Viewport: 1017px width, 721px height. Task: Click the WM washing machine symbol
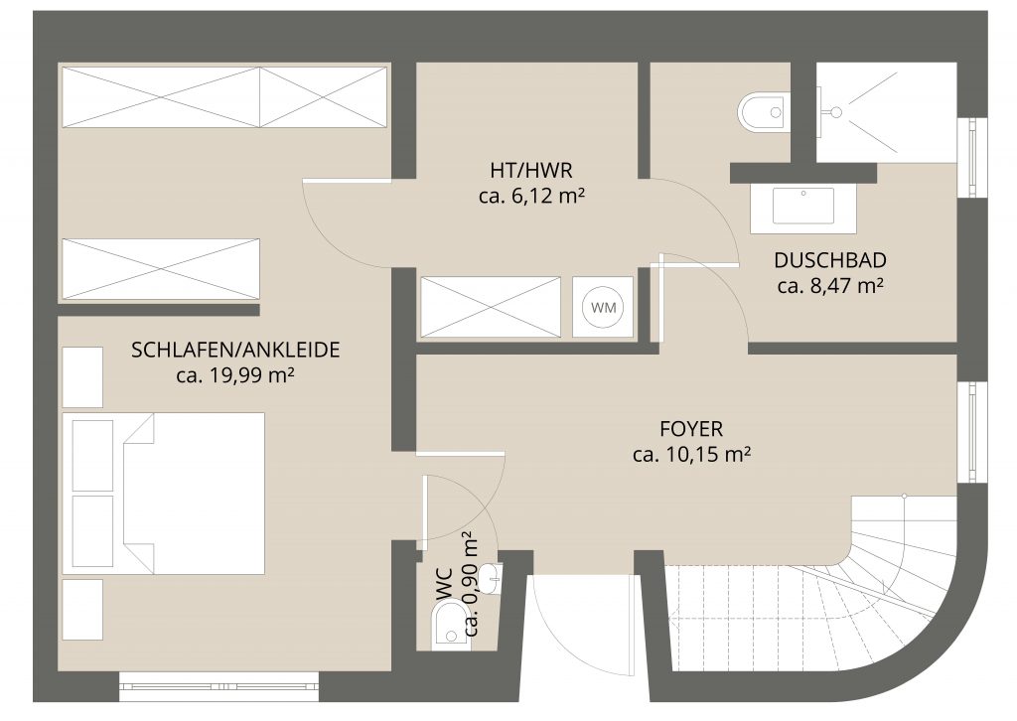tap(603, 307)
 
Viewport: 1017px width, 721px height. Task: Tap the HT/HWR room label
tap(532, 171)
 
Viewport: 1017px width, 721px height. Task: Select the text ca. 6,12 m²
tap(532, 196)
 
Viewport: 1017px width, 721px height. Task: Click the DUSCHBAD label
tap(830, 260)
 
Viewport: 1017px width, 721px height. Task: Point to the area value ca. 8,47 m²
tap(830, 285)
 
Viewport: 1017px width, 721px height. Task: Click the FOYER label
tap(691, 429)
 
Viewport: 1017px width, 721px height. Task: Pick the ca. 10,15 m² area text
tap(691, 455)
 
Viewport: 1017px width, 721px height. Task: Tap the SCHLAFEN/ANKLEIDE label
tap(235, 351)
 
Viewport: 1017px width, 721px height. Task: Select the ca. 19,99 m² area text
tap(235, 375)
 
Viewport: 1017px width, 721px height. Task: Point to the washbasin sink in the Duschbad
tap(802, 205)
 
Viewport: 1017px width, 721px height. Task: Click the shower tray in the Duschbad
tap(886, 113)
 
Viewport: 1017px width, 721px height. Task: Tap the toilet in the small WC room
tap(450, 625)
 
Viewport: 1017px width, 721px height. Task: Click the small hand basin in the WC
tap(493, 578)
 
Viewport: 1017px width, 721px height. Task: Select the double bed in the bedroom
tap(164, 494)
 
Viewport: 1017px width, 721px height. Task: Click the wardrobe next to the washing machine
tap(491, 307)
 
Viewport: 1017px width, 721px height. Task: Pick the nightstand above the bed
tap(82, 377)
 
